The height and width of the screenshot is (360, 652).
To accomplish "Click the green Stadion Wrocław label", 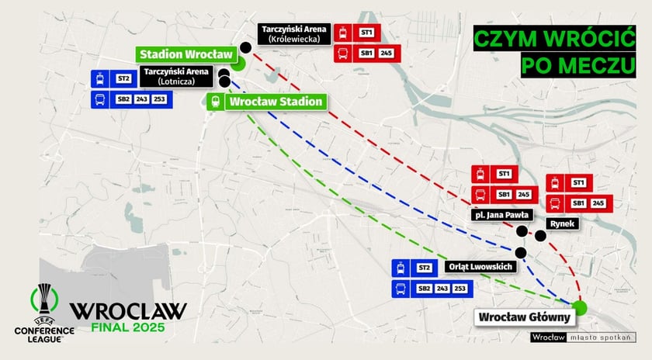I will pos(186,55).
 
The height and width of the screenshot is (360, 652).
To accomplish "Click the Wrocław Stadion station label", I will pos(273,102).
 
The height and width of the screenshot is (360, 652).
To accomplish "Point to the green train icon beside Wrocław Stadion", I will pos(214,101).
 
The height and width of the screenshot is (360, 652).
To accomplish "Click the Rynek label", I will pos(561,223).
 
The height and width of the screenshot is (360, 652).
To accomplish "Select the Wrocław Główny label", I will pos(525,317).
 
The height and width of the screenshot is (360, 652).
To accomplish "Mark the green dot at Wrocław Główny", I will pos(581,308).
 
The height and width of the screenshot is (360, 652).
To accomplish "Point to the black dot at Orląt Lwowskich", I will pos(520,252).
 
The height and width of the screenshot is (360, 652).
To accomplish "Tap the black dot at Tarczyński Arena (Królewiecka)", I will pos(245,47).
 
